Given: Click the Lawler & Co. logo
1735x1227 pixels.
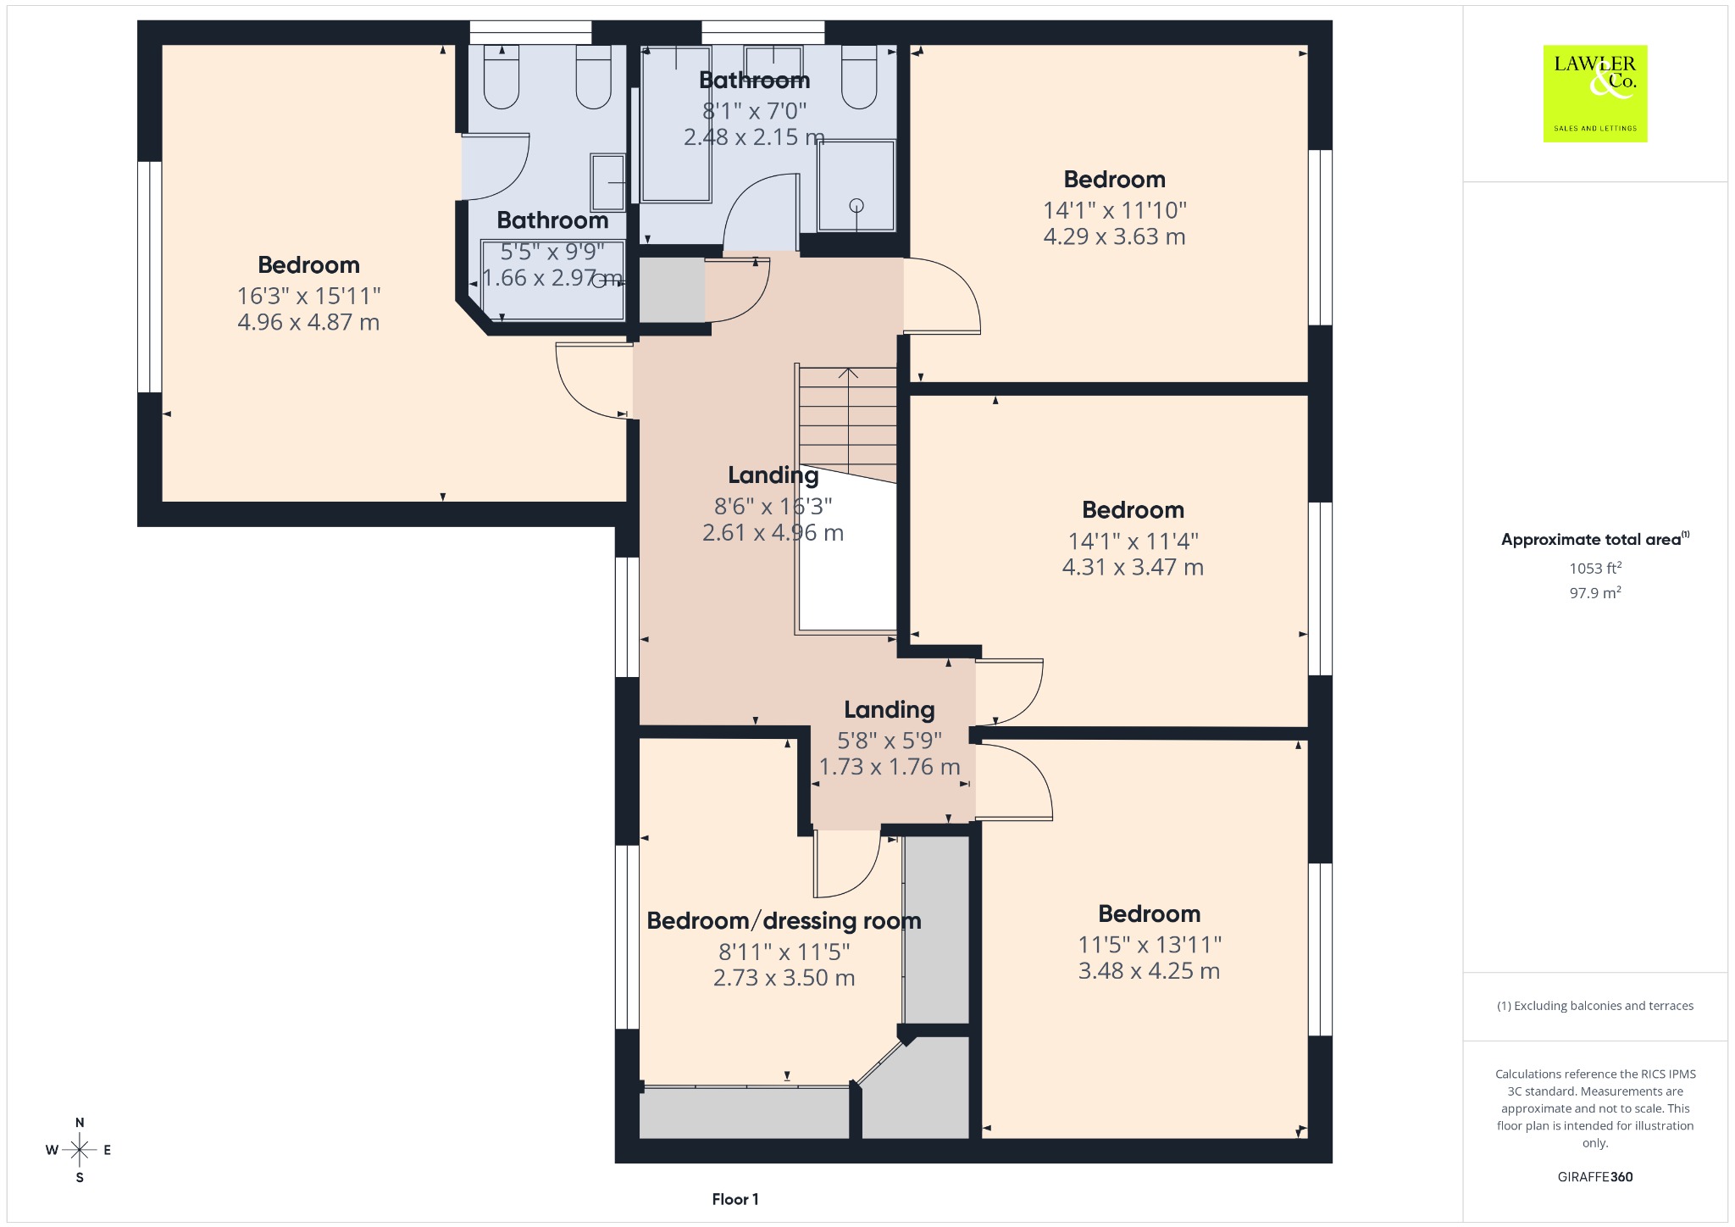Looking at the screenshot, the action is (1594, 93).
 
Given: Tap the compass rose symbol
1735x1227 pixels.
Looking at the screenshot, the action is (80, 1150).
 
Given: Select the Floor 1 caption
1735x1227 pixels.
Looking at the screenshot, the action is (735, 1199).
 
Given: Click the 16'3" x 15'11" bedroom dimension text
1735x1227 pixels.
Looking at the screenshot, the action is (308, 296).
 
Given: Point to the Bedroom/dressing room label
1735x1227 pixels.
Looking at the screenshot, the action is (784, 921).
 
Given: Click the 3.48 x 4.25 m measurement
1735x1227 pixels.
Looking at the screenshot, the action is (1149, 971).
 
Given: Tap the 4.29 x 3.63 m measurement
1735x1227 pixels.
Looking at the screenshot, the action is (1114, 236).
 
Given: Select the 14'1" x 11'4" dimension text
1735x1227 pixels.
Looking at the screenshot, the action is (1133, 541).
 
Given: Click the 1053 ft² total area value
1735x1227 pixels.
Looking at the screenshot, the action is (1595, 568).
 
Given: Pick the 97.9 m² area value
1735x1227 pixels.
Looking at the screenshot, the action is (1595, 592).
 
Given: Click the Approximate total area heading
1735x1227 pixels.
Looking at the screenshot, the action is (1595, 539).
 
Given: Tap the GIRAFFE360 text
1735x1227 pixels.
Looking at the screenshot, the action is (1595, 1177).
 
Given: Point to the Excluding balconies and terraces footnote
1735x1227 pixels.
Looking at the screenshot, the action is (1595, 1006).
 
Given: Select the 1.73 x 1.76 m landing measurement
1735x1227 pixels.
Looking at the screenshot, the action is (890, 767).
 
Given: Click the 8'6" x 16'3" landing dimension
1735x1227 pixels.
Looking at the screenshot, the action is (773, 507).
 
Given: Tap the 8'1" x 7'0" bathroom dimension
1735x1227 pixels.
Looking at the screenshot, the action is (754, 111).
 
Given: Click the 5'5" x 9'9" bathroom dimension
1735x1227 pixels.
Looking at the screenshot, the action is (552, 252).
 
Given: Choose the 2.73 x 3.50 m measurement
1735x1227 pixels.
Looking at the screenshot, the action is (784, 978).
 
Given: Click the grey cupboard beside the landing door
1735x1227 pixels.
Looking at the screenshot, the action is (672, 291).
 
